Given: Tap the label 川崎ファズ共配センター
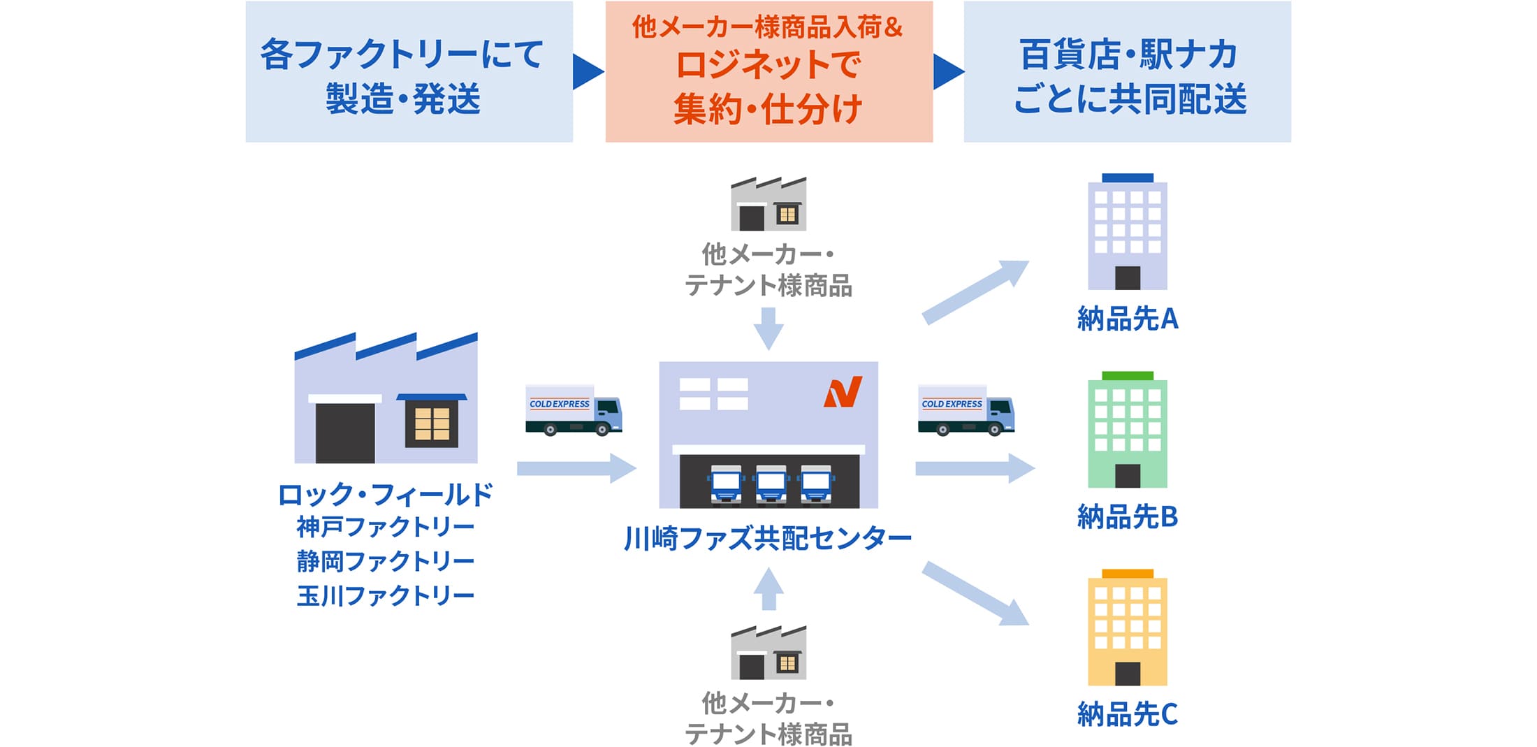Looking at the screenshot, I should point(768,538).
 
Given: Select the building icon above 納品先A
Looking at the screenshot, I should point(1128,232).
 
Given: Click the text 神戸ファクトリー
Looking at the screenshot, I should point(386,527).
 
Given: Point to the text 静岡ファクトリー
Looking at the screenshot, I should point(386,561).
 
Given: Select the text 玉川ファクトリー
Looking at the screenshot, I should point(386,595).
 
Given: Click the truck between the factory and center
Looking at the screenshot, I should point(574,410).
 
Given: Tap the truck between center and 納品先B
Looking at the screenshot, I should point(966,410).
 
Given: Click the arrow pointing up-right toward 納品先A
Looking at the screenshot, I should point(975,292).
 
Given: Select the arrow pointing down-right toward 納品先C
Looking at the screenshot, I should point(975,593).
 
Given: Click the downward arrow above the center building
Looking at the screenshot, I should point(768,328).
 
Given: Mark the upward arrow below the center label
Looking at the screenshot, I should point(768,589).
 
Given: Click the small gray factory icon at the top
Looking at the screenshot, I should point(768,204).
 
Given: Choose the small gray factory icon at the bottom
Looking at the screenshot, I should point(768,653).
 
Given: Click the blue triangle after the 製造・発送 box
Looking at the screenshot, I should point(588,71).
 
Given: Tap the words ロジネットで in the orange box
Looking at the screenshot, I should point(768,65).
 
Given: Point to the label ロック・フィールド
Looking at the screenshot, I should point(386,495).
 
